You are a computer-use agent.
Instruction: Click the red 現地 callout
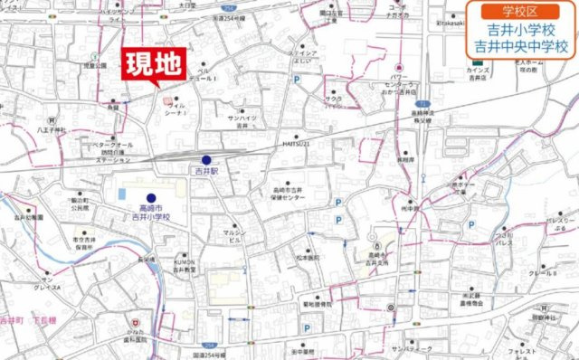tap(154, 65)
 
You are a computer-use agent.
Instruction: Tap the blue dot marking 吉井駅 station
tap(206, 159)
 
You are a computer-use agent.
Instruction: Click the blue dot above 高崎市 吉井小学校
tap(151, 197)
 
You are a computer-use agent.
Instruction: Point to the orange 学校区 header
tap(518, 12)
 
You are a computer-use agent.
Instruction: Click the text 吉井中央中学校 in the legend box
tap(518, 46)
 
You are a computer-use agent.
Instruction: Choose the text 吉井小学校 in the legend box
tap(518, 30)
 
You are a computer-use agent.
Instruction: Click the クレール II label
tap(541, 272)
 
